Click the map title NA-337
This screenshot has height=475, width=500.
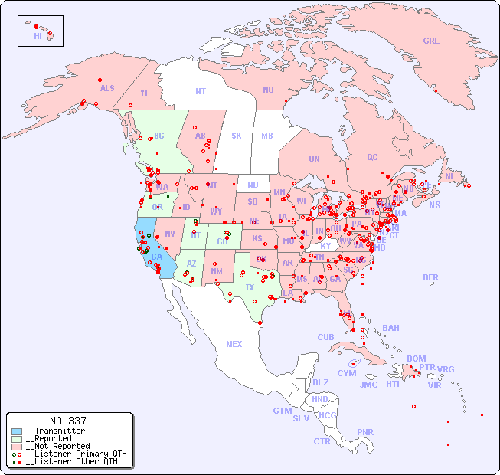(x=67, y=421)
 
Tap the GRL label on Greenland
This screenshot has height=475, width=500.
(x=431, y=41)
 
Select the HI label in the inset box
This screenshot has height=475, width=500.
(x=38, y=36)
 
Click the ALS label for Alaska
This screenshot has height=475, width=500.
(x=107, y=89)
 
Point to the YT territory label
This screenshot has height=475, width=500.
(x=144, y=93)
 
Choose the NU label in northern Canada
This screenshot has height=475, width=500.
(x=268, y=90)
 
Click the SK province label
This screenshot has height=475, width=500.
(x=237, y=136)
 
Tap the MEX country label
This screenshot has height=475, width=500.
(x=234, y=344)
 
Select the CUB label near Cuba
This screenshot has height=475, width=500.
(x=325, y=337)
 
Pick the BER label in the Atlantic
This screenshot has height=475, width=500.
(x=430, y=277)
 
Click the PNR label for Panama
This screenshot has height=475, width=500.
(x=365, y=432)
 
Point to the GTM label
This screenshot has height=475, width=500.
(x=282, y=411)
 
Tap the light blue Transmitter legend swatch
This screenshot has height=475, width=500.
(x=17, y=431)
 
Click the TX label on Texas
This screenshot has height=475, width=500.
(x=250, y=288)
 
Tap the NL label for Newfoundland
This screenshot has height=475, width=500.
(x=449, y=176)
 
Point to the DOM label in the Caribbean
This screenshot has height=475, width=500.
(x=416, y=359)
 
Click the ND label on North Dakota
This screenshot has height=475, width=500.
(x=253, y=185)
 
